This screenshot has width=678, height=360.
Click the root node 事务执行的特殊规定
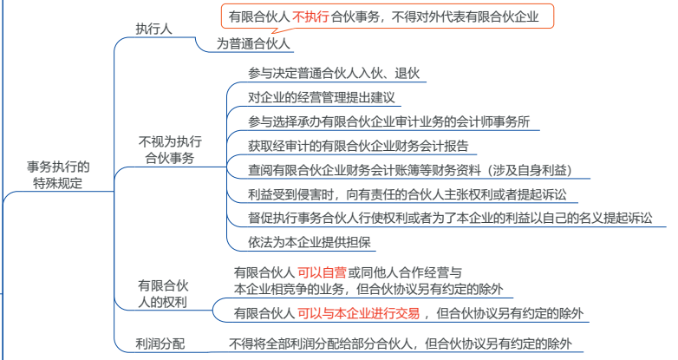[58, 175]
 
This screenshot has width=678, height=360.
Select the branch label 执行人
[154, 29]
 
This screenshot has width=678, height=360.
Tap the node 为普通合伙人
[253, 43]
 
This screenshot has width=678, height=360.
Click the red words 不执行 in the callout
[310, 16]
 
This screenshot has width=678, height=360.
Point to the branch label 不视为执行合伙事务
[170, 150]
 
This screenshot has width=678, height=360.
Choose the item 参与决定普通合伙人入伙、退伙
[334, 73]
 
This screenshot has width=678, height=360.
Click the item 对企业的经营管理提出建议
[322, 97]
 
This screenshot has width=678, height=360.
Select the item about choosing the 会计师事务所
[388, 121]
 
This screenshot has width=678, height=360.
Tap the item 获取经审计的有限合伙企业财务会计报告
[358, 146]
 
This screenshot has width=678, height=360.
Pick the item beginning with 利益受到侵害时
[407, 194]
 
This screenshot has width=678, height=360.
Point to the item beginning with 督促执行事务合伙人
[450, 218]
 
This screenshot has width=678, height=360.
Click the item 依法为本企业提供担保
[310, 242]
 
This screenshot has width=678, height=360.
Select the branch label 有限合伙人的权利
[163, 293]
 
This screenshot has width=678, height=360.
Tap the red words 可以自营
[322, 272]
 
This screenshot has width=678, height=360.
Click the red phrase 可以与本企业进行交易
[358, 313]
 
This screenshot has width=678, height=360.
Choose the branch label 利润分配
[160, 344]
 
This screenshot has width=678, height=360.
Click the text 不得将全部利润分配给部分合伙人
[321, 344]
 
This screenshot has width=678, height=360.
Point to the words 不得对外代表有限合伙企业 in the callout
[466, 16]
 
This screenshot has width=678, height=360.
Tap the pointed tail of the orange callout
[272, 33]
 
